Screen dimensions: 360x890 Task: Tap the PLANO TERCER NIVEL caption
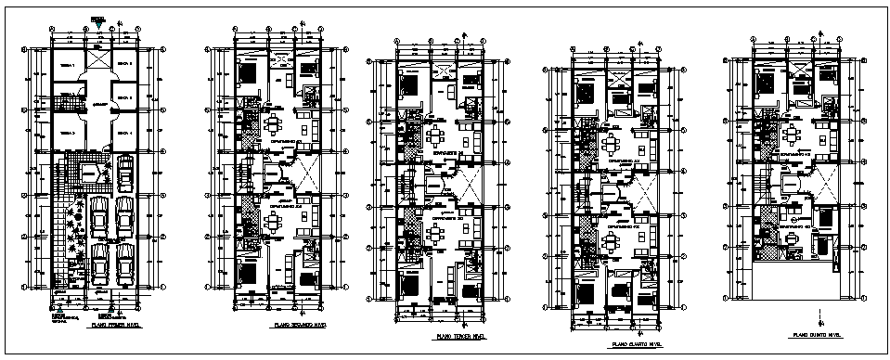click(x=459, y=336)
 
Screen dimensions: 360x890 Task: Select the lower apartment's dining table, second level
click(x=273, y=221)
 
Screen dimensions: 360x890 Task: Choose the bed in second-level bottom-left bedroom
click(x=250, y=273)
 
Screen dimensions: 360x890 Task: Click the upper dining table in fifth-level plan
click(x=790, y=133)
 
